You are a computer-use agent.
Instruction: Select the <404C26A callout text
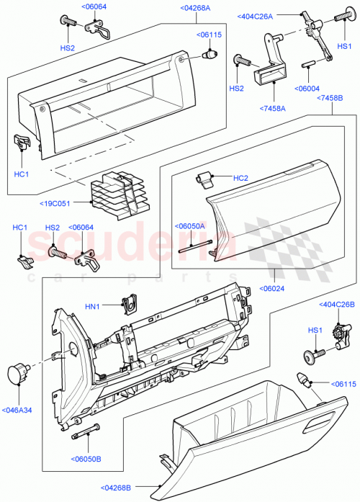256,16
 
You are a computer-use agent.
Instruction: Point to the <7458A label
274,109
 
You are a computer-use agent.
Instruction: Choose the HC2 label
240,178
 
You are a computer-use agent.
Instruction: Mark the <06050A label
191,225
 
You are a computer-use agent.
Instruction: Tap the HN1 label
93,307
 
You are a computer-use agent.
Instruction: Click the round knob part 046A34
17,375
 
